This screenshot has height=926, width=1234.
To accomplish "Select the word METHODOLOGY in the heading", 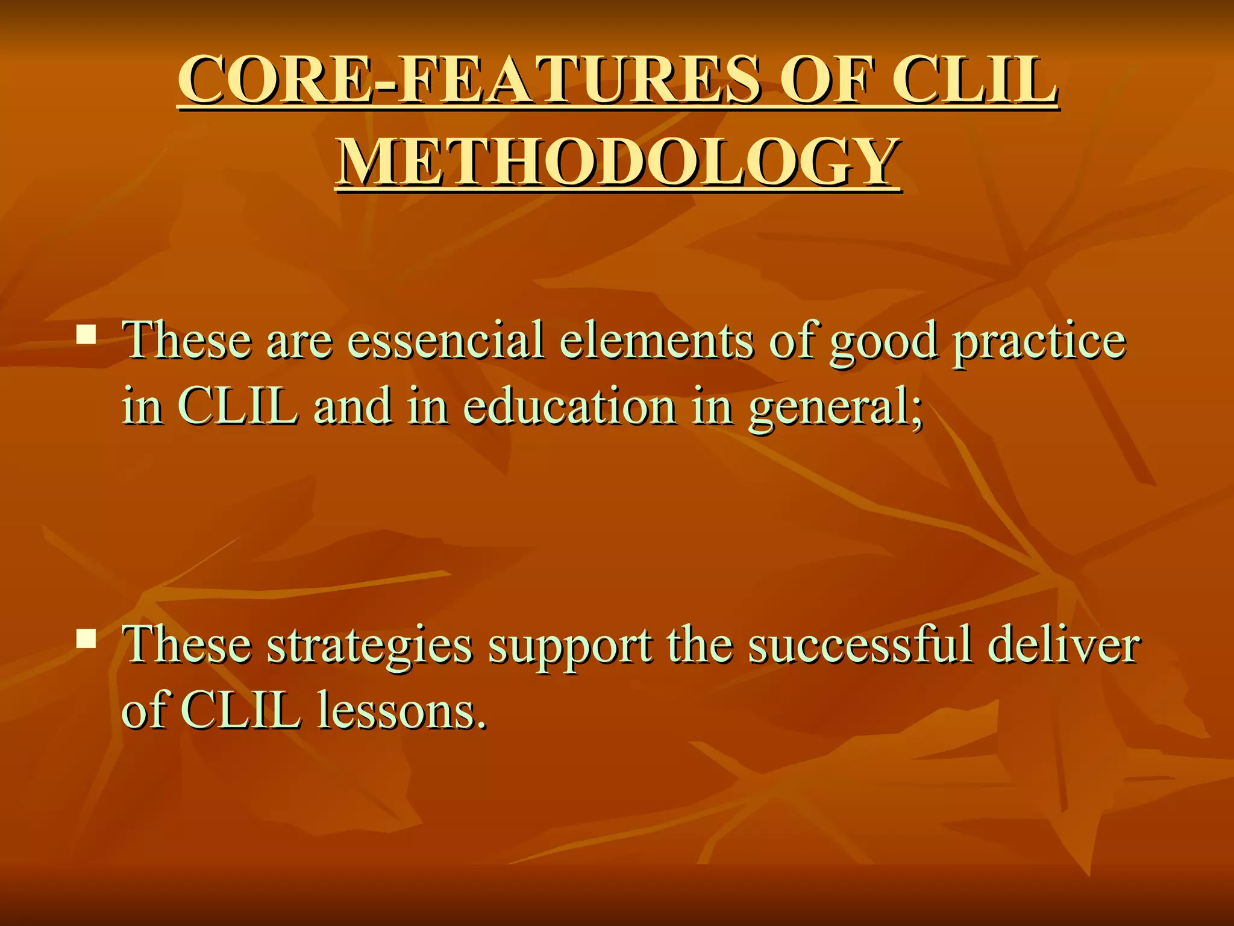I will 618,161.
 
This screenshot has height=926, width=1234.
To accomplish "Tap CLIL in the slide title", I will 974,80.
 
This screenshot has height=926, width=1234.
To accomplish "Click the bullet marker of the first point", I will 87,335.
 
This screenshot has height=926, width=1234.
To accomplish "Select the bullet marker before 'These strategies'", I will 87,638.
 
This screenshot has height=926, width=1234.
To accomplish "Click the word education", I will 570,406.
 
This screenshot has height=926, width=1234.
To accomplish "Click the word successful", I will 860,644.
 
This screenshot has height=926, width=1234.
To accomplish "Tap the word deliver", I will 1063,644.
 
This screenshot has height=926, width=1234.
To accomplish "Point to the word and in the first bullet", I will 352,406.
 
